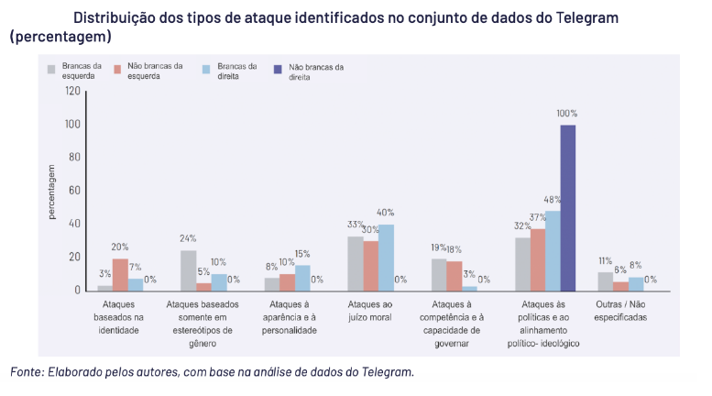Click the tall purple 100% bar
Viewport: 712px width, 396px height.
tap(567, 207)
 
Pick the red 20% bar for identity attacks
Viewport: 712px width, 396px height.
tap(120, 274)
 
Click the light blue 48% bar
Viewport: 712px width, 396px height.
tap(553, 250)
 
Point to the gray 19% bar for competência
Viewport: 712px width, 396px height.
tap(439, 274)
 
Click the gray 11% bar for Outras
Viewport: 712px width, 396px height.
tap(605, 280)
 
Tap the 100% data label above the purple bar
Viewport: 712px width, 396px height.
tap(567, 113)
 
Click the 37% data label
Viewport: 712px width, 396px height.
tap(537, 218)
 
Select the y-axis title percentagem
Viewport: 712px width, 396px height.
tap(52, 191)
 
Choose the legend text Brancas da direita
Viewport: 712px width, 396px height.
tap(236, 71)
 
